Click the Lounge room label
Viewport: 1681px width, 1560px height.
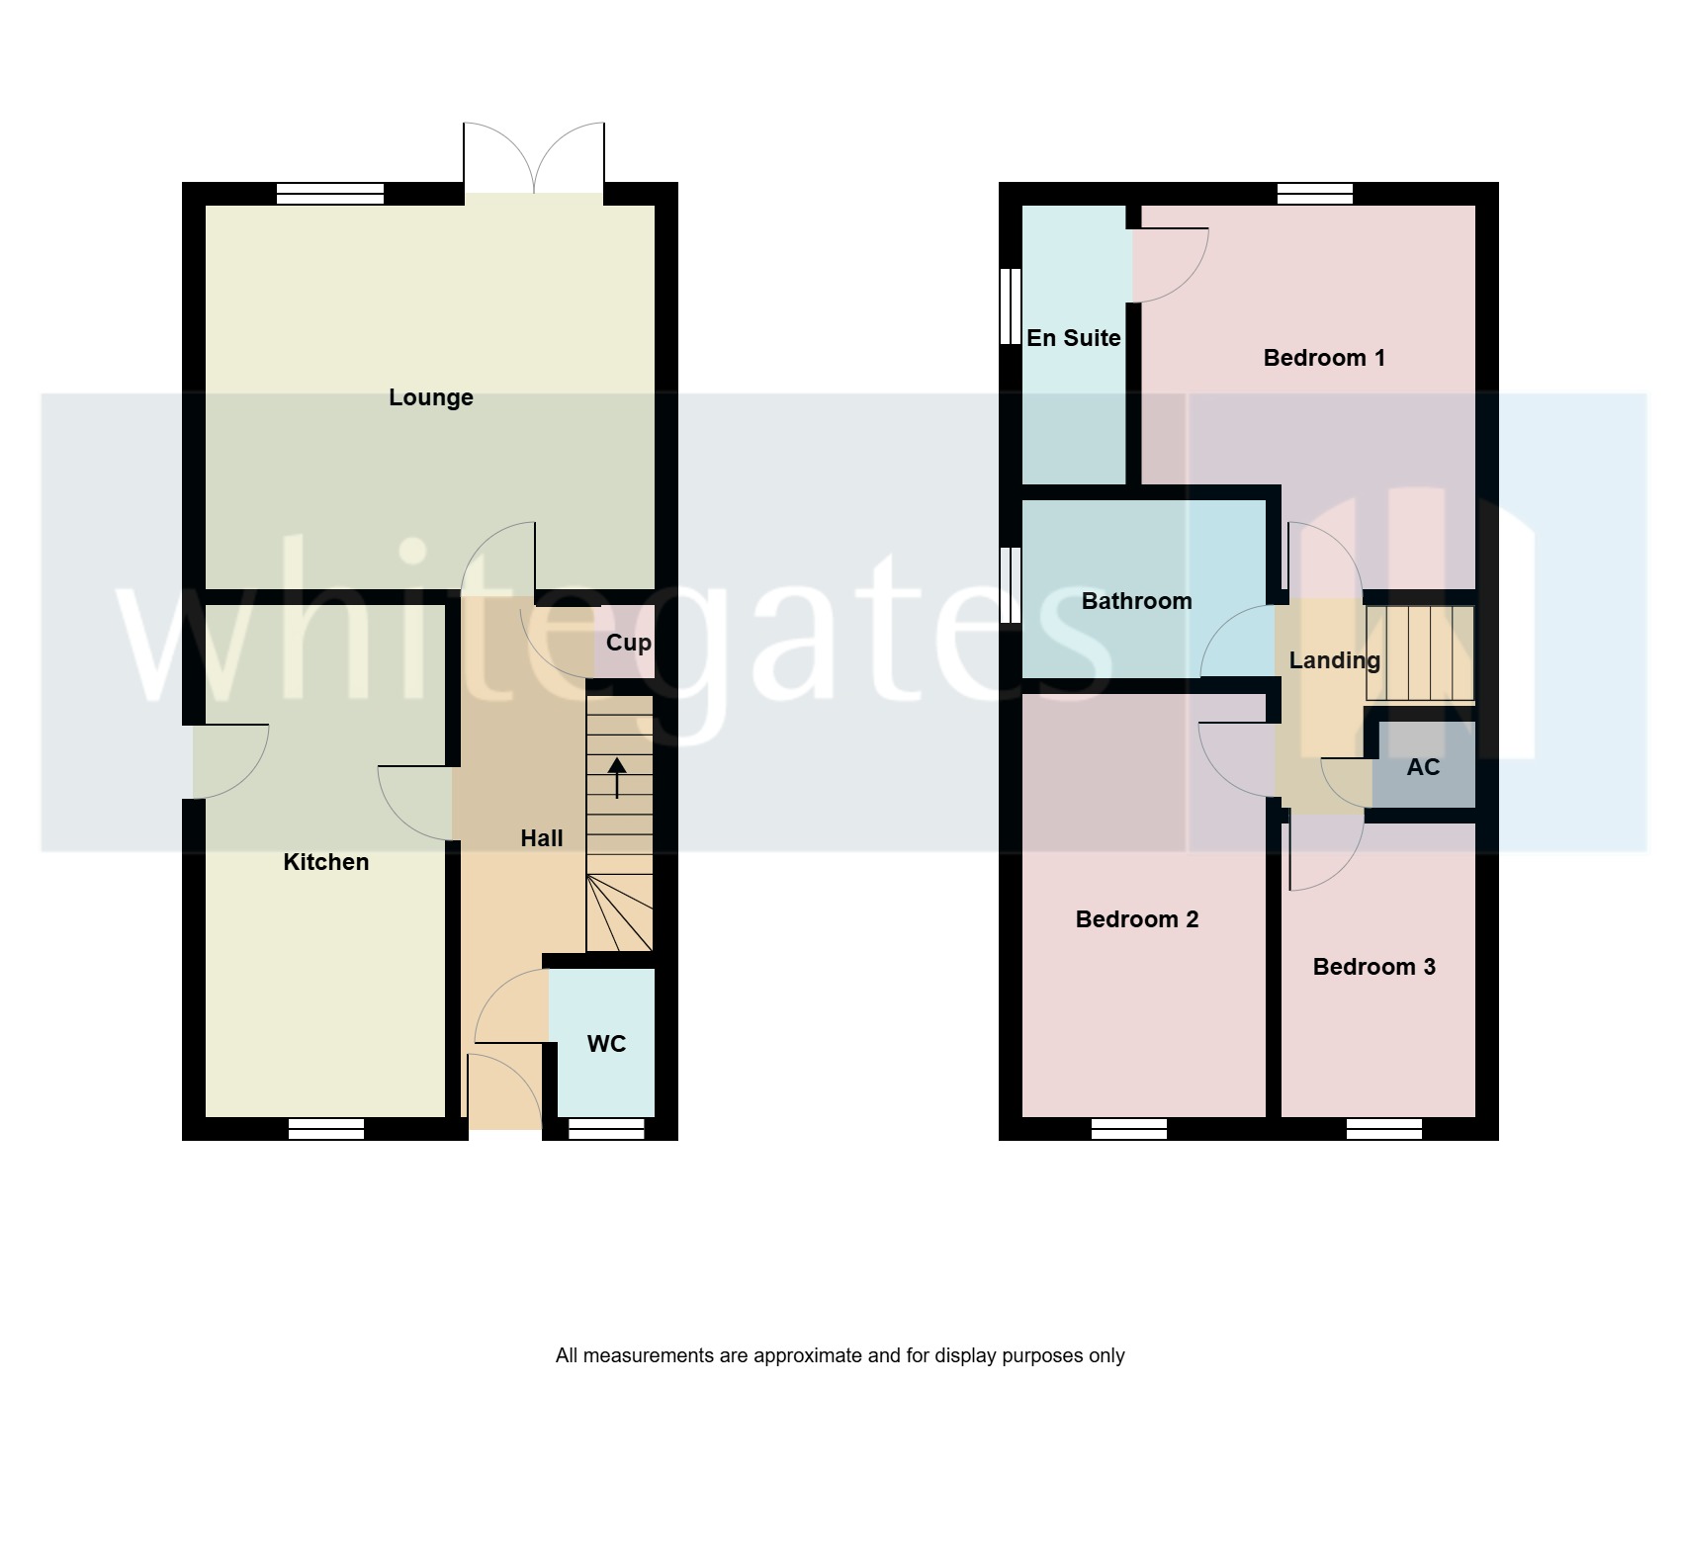(430, 397)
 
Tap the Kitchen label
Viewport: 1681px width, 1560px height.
(325, 862)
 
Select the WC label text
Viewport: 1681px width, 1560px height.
(606, 1044)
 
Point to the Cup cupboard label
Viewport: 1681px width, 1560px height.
(628, 643)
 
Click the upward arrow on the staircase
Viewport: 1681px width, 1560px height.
(617, 777)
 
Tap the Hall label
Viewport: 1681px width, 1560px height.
(541, 838)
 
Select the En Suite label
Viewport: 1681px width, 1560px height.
(1073, 338)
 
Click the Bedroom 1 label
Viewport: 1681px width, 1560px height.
(1324, 358)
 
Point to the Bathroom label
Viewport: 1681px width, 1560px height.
(1136, 601)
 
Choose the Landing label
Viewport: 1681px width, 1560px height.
(1334, 660)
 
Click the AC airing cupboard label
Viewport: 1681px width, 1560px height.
(1422, 767)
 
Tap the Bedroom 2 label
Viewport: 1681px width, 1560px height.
(1136, 919)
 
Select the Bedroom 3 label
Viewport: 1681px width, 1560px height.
(1373, 967)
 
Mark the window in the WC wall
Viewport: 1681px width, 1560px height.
(606, 1129)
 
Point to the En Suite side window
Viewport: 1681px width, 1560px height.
(1010, 306)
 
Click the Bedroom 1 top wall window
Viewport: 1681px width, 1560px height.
(1314, 193)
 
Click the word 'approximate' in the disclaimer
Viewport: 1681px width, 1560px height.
(808, 1355)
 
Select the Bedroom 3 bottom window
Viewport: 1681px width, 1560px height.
(1383, 1129)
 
